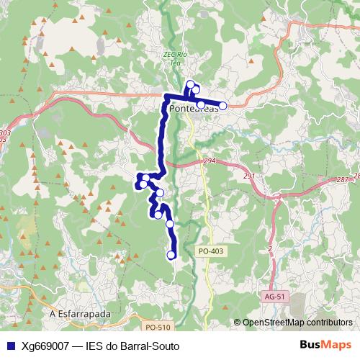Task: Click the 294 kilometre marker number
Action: (x=210, y=161)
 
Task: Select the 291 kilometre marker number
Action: (x=249, y=176)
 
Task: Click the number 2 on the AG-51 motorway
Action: (x=269, y=248)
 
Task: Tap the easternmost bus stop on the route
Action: (x=222, y=106)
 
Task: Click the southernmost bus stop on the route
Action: (x=171, y=255)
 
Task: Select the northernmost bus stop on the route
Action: (x=191, y=84)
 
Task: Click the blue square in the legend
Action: (x=9, y=346)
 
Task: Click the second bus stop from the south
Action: (x=170, y=224)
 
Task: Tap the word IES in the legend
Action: (x=95, y=346)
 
